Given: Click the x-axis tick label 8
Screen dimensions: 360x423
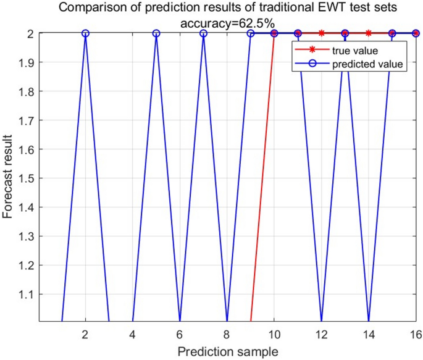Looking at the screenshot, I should [x=227, y=333].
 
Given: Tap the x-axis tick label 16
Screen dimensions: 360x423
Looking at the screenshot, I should [x=416, y=333].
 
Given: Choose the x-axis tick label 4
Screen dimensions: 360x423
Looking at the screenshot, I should [x=133, y=333].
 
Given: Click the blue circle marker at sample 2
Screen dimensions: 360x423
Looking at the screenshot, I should [x=85, y=33].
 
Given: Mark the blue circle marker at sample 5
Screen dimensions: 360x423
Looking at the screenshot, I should [x=156, y=33].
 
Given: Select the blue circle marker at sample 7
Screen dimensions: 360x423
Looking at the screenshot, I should [x=203, y=33].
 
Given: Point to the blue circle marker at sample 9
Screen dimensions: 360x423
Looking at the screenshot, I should [x=251, y=33].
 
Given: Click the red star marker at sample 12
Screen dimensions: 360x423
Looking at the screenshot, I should [x=322, y=33].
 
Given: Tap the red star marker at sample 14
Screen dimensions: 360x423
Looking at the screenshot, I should [x=369, y=33].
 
